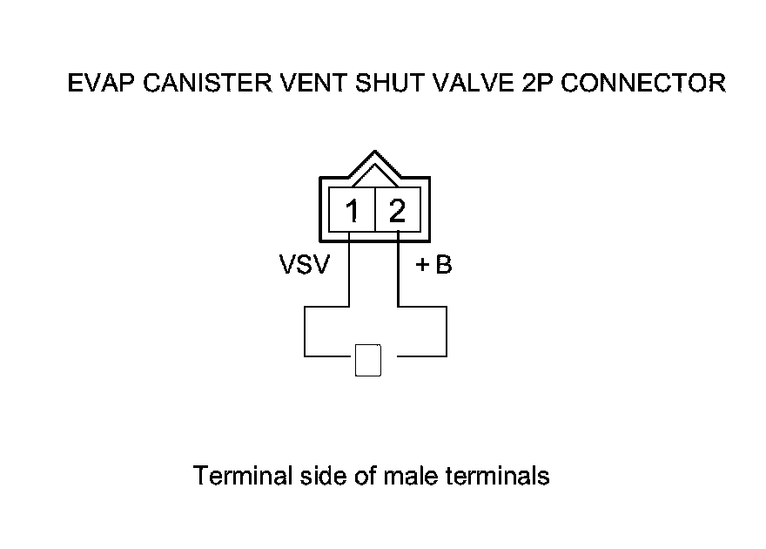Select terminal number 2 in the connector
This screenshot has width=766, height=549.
tap(397, 211)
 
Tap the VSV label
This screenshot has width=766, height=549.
tap(304, 265)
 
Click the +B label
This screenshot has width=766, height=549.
tap(433, 265)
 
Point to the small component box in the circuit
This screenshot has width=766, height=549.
tap(369, 360)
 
